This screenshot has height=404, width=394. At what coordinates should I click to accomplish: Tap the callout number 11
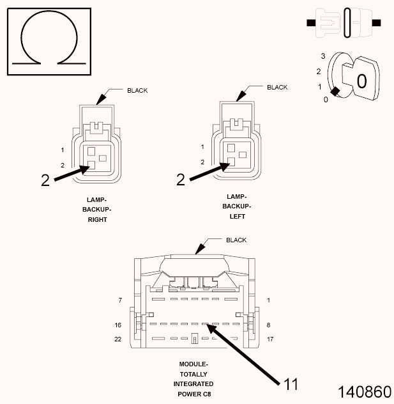click(x=291, y=384)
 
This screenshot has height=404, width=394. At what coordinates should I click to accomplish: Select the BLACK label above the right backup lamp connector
click(x=137, y=90)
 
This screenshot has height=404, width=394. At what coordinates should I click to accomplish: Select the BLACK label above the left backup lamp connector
click(x=277, y=87)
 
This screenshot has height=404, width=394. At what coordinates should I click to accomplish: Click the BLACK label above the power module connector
click(x=236, y=240)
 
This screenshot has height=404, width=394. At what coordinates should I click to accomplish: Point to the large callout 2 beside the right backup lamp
click(x=45, y=180)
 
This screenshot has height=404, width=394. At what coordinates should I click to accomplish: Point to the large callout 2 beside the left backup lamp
click(x=180, y=180)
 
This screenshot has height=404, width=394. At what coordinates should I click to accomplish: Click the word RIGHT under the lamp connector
click(x=98, y=219)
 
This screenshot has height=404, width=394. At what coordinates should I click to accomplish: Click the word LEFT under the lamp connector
click(x=236, y=216)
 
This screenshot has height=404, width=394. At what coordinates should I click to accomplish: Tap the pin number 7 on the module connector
click(x=119, y=300)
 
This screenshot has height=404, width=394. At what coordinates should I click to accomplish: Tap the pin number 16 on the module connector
click(x=118, y=325)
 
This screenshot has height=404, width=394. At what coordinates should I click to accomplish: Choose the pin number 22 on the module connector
click(x=118, y=339)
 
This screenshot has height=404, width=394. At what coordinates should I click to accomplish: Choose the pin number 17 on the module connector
click(x=270, y=339)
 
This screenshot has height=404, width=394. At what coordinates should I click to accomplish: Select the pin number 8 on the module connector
click(x=269, y=325)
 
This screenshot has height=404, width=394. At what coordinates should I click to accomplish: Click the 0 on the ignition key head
click(x=361, y=81)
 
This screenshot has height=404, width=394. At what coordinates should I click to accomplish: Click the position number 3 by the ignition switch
click(x=323, y=56)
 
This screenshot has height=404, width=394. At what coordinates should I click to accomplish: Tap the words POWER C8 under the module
click(x=193, y=394)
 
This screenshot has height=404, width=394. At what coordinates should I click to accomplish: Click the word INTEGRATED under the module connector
click(x=193, y=384)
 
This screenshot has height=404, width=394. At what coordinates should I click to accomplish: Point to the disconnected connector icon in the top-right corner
click(x=344, y=22)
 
